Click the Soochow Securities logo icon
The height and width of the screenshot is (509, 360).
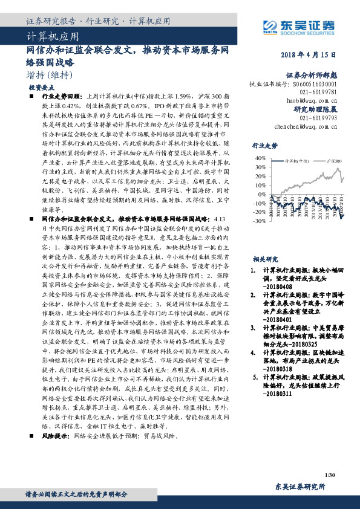[x=269, y=25]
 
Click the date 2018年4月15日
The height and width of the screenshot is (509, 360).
[x=308, y=56]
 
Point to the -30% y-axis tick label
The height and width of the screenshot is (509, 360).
[x=259, y=221]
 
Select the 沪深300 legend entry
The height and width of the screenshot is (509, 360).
[x=330, y=162]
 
